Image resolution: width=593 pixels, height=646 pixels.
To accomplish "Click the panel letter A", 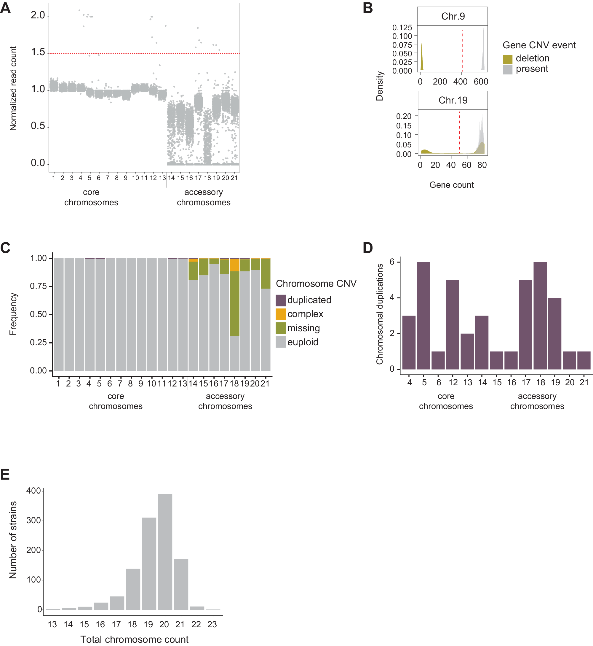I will (x=5, y=8).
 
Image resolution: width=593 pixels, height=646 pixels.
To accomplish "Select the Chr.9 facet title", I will (x=453, y=16).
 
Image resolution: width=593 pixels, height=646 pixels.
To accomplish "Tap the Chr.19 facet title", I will (x=453, y=100).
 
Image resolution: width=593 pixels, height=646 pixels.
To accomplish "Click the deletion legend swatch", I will (x=507, y=59).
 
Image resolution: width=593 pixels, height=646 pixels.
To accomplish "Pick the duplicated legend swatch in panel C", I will (x=280, y=300).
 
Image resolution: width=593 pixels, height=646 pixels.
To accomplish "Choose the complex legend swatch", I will (x=280, y=314).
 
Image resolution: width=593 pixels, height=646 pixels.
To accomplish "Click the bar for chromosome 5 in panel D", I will (x=423, y=315).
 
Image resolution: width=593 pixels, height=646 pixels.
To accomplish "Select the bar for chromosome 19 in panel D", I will (x=554, y=333).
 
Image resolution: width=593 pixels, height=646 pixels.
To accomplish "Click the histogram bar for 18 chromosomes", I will (x=132, y=589).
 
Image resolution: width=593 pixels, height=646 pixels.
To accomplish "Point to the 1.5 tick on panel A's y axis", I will (x=38, y=52).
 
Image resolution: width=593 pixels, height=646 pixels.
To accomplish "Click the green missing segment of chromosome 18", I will (x=235, y=303).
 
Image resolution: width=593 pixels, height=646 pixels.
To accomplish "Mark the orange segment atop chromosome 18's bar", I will (x=235, y=265).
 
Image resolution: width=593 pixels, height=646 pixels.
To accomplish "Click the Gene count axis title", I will (x=451, y=185).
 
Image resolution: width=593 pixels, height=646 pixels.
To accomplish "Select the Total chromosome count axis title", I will (x=134, y=639).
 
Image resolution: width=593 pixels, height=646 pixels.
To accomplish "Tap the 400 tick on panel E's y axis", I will (x=34, y=491).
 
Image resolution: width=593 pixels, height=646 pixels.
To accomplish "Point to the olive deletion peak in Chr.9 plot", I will (x=422, y=58).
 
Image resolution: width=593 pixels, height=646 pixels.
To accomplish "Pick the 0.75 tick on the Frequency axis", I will (x=38, y=286).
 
